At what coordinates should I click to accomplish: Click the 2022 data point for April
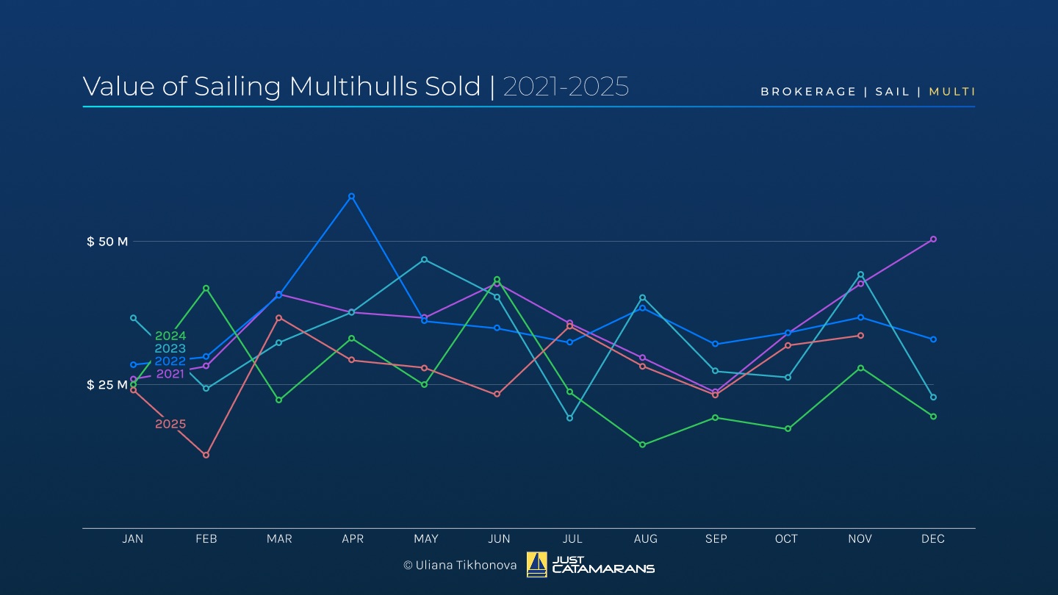[351, 196]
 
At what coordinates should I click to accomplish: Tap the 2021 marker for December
[933, 239]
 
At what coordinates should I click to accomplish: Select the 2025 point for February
[206, 455]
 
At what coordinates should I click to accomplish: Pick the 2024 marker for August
[642, 444]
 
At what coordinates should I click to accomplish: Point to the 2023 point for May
[424, 259]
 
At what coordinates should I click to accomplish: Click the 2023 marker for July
[569, 418]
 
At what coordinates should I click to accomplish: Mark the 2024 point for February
[206, 288]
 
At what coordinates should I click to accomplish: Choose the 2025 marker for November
[860, 335]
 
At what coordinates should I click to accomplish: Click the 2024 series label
[170, 336]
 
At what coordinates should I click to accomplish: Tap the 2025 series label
[170, 424]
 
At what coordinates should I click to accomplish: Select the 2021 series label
[170, 374]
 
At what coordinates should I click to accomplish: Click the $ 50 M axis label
[107, 242]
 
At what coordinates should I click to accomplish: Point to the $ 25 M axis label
[107, 385]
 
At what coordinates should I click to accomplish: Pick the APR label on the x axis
[353, 539]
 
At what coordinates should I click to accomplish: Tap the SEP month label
[716, 539]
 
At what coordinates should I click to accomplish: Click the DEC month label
[933, 539]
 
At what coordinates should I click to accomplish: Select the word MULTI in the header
[952, 92]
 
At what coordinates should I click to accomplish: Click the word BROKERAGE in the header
[808, 92]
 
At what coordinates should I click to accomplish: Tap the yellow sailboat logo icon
[537, 564]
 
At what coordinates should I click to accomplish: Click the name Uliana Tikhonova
[466, 565]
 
